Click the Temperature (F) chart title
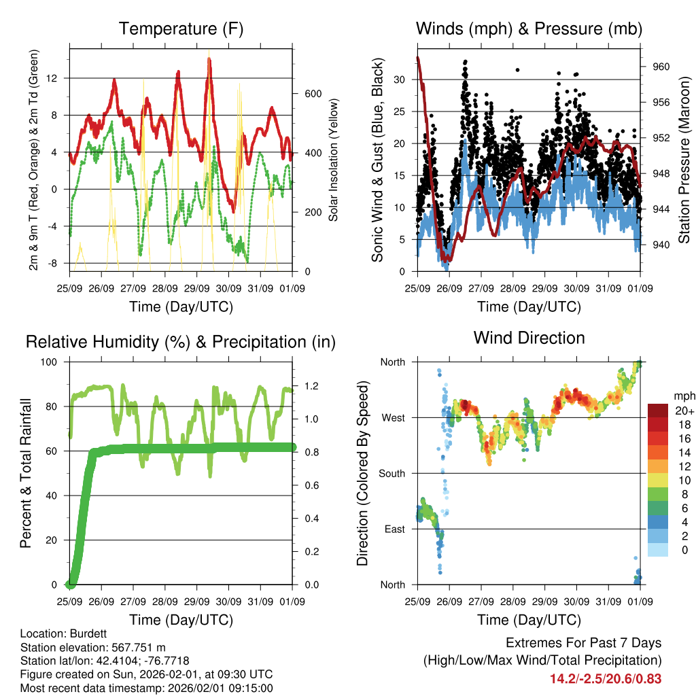point(181,29)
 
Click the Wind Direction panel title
point(529,338)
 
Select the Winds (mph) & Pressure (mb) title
point(529,29)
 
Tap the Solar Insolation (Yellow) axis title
point(334,160)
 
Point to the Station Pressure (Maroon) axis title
point(684,160)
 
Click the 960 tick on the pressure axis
point(661,67)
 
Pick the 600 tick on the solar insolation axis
point(312,93)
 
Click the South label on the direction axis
point(392,473)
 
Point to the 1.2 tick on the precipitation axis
point(312,385)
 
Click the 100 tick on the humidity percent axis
point(50,362)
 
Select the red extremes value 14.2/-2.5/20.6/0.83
point(606,678)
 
